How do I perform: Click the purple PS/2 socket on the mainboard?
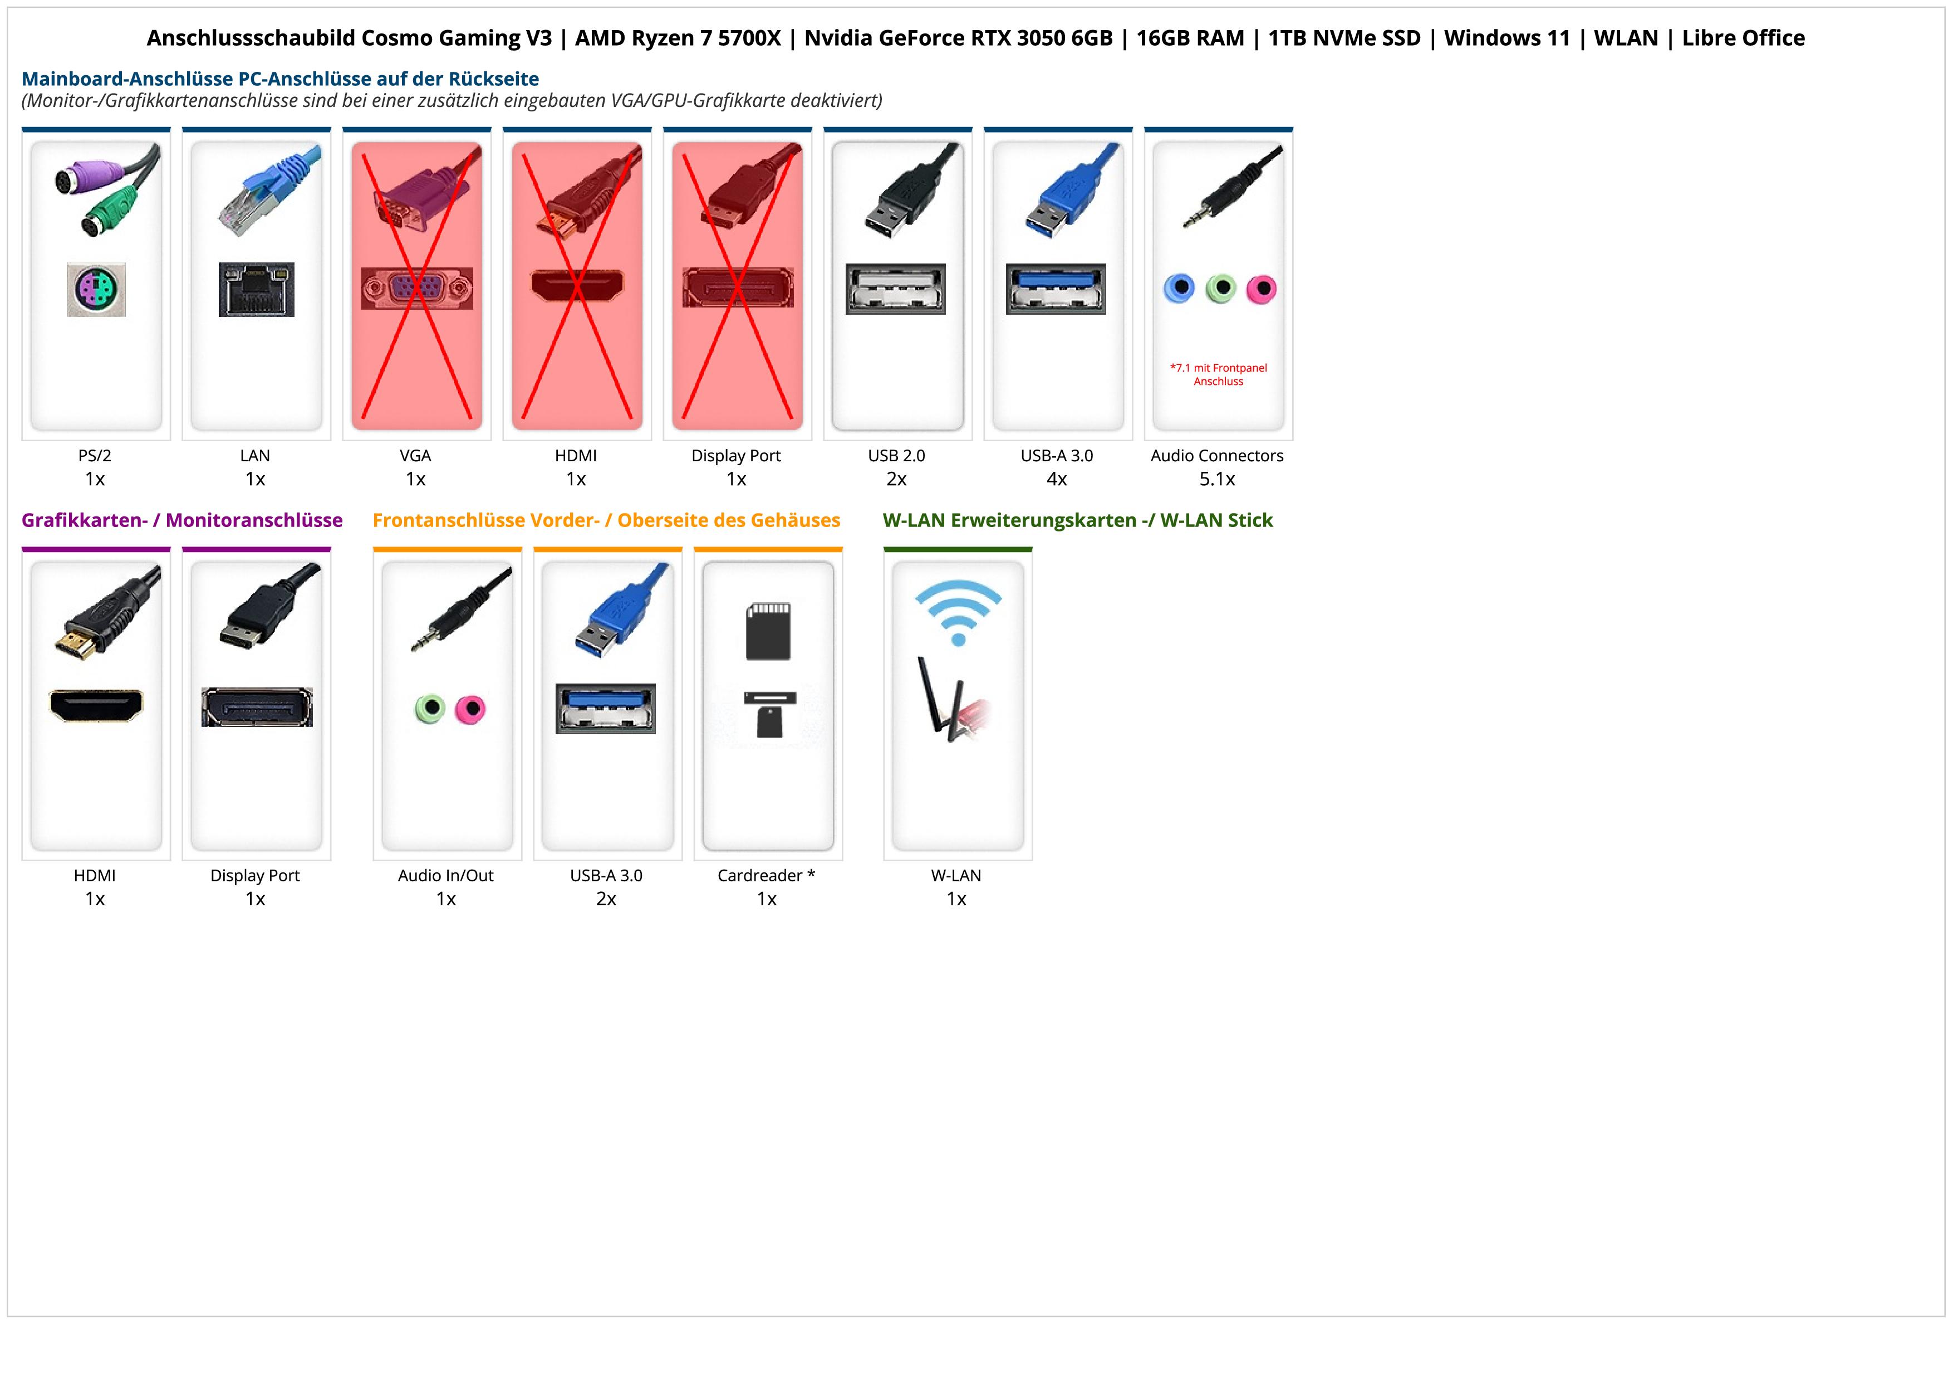pyautogui.click(x=96, y=289)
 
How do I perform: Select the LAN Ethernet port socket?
pyautogui.click(x=256, y=289)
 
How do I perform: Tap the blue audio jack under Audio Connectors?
pyautogui.click(x=1179, y=289)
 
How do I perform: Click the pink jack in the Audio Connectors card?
pyautogui.click(x=1262, y=289)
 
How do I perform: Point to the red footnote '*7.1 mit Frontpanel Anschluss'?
pyautogui.click(x=1218, y=374)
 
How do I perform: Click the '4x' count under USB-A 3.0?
pyautogui.click(x=1057, y=479)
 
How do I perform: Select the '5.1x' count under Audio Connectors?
pyautogui.click(x=1217, y=479)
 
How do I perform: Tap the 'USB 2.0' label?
pyautogui.click(x=896, y=455)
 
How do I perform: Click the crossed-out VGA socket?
pyautogui.click(x=416, y=289)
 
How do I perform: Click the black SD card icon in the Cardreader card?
pyautogui.click(x=768, y=631)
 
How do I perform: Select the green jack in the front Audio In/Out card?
pyautogui.click(x=430, y=708)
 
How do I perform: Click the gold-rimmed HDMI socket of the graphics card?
pyautogui.click(x=96, y=705)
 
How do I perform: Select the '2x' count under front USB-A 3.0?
pyautogui.click(x=606, y=899)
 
